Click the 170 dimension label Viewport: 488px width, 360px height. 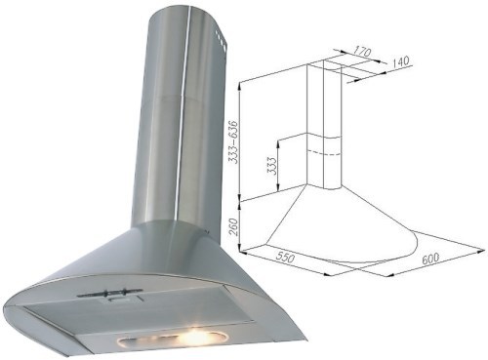pyautogui.click(x=361, y=52)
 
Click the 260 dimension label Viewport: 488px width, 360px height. pyautogui.click(x=234, y=226)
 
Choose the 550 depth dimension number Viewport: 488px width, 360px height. pyautogui.click(x=285, y=257)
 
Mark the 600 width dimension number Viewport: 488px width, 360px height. pyautogui.click(x=430, y=259)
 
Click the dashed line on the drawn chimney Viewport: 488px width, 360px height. pyautogui.click(x=324, y=152)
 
